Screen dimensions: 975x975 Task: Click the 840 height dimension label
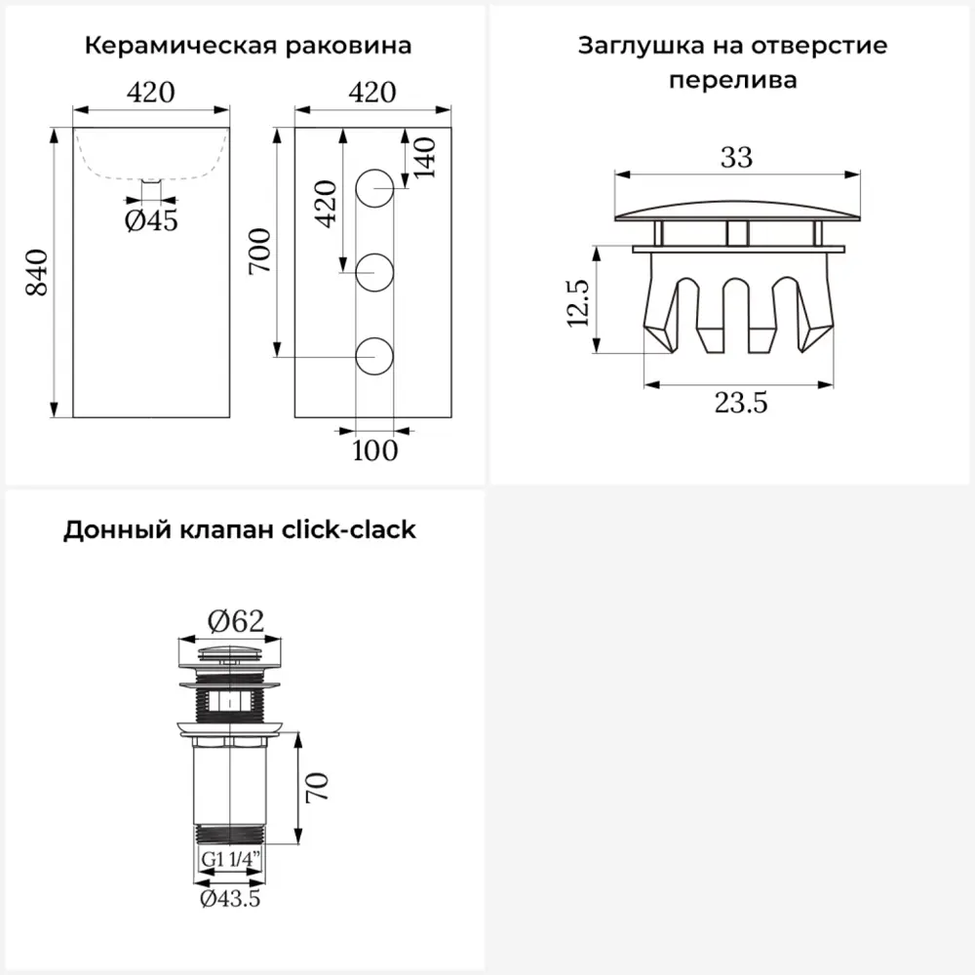click(37, 272)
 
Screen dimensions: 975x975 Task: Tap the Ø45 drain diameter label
click(151, 220)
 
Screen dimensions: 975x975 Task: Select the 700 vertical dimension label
click(260, 252)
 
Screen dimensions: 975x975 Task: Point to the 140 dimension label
click(424, 158)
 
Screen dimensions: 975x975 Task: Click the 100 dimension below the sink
click(375, 450)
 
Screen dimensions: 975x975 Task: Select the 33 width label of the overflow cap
click(737, 157)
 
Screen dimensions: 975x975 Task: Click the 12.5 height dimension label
click(577, 303)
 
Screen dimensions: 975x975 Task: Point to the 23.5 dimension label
click(741, 403)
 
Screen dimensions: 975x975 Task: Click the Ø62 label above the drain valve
click(236, 621)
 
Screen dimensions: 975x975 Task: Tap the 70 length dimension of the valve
click(317, 788)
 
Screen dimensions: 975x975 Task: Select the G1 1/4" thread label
click(230, 859)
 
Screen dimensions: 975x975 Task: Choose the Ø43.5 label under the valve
click(230, 899)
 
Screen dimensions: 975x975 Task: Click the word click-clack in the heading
click(349, 529)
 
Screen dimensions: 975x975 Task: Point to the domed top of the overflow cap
click(737, 211)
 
